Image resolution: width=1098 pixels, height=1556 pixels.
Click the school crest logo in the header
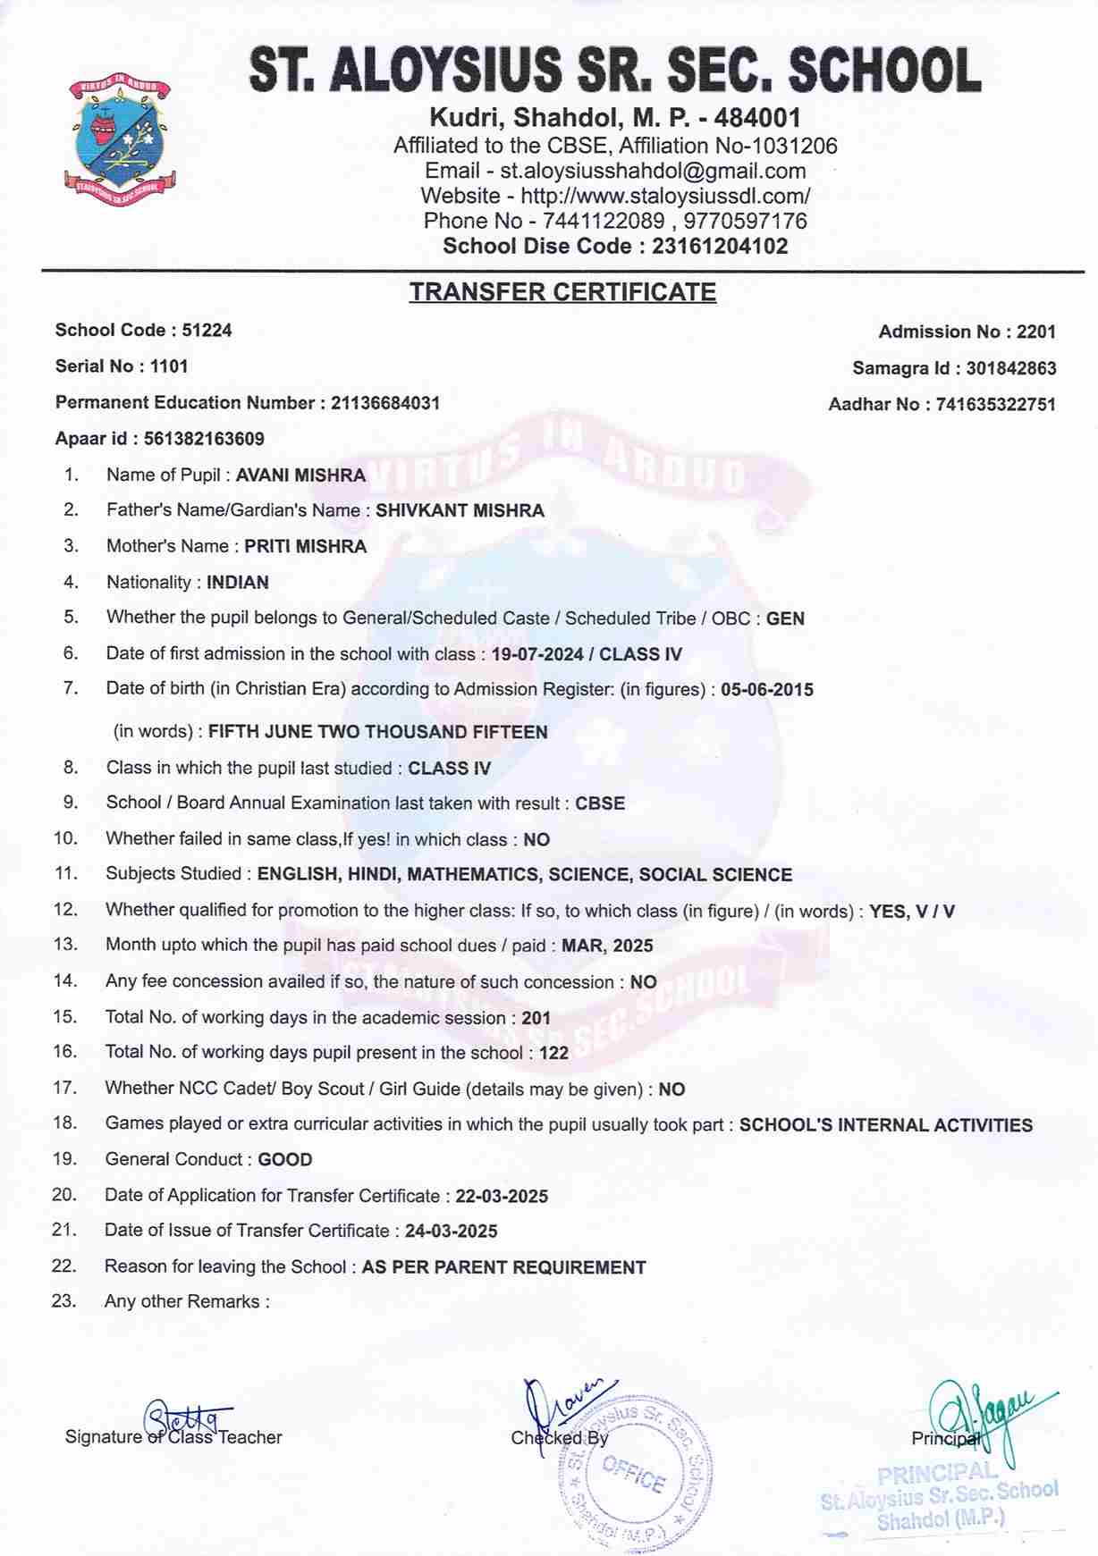click(x=120, y=136)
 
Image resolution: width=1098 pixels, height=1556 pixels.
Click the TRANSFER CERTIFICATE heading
click(x=562, y=292)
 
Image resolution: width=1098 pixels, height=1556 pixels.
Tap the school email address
click(x=653, y=171)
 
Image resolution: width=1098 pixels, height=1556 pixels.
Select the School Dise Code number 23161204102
click(x=720, y=247)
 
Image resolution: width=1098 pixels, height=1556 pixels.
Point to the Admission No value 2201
click(x=1035, y=332)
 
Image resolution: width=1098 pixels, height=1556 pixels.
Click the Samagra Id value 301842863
click(x=1010, y=368)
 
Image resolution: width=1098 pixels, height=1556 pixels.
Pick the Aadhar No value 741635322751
click(x=995, y=404)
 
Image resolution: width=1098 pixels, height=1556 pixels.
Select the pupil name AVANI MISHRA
click(x=300, y=475)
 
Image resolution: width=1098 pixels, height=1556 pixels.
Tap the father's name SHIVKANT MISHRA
click(x=460, y=511)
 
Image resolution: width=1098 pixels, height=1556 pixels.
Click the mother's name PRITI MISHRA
click(x=306, y=547)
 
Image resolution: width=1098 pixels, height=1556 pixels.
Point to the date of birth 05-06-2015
click(x=767, y=690)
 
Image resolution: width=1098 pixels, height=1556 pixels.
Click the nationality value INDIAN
click(x=238, y=583)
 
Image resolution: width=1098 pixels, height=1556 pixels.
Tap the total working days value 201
click(x=536, y=1018)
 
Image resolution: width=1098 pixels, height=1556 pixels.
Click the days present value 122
click(x=553, y=1053)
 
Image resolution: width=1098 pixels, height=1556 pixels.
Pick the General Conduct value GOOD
click(x=285, y=1160)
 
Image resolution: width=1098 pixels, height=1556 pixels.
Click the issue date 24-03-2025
click(x=451, y=1232)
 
